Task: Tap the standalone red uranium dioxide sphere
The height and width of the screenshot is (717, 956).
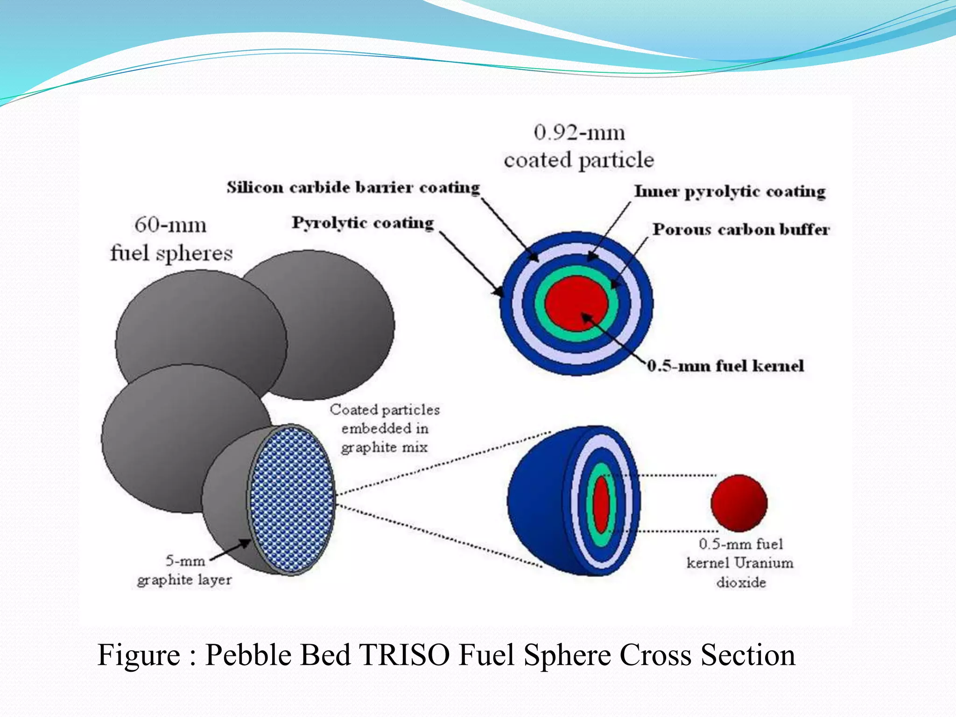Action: (x=739, y=503)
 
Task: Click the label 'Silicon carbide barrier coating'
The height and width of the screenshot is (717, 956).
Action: (x=353, y=188)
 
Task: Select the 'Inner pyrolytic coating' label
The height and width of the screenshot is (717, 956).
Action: (x=730, y=191)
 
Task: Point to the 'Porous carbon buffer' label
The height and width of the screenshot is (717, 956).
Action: (x=741, y=229)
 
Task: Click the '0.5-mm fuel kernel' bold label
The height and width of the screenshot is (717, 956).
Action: (x=725, y=366)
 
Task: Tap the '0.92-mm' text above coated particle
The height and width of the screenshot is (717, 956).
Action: (x=579, y=133)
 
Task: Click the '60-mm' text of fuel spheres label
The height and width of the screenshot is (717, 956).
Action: (x=170, y=225)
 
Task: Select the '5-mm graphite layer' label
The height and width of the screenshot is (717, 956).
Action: (x=184, y=570)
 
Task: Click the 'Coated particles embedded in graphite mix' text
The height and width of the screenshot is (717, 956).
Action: (x=385, y=428)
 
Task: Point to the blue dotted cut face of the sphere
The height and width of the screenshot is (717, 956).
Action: (x=292, y=499)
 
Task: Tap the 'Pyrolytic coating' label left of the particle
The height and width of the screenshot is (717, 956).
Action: (x=363, y=223)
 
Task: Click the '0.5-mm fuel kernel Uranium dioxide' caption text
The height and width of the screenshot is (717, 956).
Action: (x=740, y=563)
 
